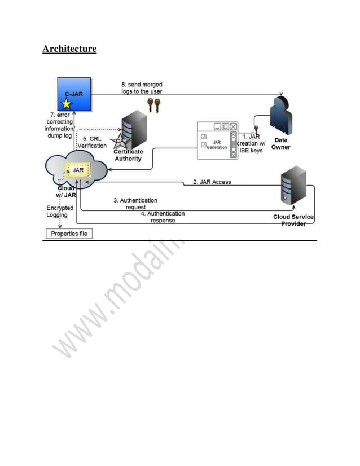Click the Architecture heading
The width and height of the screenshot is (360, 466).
69,49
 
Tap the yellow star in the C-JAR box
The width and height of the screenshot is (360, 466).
67,104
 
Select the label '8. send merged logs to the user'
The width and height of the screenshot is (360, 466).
142,87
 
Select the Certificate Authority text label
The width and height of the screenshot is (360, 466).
129,155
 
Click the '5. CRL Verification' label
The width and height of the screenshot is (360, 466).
92,142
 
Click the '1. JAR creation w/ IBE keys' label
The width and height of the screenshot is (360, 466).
251,143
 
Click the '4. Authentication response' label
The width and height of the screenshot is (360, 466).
163,217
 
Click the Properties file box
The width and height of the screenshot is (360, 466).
68,234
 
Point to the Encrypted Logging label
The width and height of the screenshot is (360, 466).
60,212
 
